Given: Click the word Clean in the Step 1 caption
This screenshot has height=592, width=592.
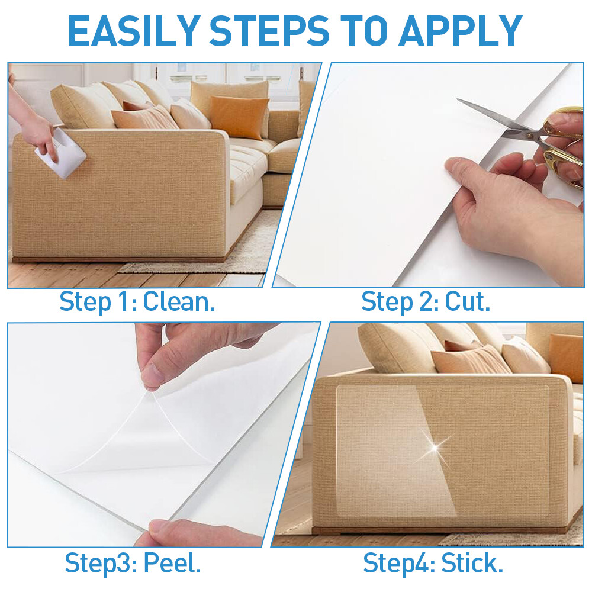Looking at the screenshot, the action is point(179,302).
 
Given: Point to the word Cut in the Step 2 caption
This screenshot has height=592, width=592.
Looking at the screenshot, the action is point(468,302).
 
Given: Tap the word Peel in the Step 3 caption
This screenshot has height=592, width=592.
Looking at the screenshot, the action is point(172,563).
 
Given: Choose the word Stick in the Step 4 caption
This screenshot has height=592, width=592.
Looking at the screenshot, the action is point(472,563).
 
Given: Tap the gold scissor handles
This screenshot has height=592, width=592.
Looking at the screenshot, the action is point(560,146).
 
